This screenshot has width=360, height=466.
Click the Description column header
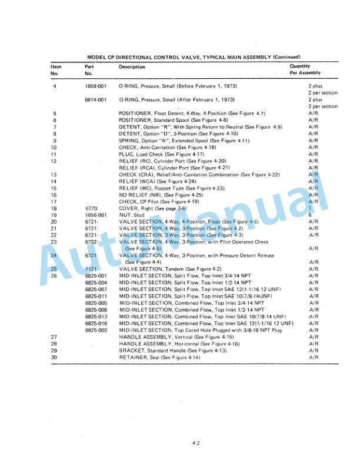tap(132, 66)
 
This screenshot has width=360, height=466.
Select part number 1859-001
tap(95, 87)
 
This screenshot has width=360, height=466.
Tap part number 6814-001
tap(95, 100)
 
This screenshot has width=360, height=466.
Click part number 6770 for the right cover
tap(90, 208)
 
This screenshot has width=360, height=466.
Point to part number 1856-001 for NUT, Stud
tap(95, 215)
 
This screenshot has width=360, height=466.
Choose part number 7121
tap(90, 269)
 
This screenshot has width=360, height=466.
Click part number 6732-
tap(91, 242)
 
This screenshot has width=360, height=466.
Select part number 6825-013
tap(95, 316)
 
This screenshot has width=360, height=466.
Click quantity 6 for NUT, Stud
tap(309, 215)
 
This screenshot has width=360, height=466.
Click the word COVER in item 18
tap(128, 208)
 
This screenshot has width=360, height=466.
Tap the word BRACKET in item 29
tap(132, 350)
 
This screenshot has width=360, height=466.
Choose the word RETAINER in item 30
tap(133, 357)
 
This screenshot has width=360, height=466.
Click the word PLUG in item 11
tap(126, 154)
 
